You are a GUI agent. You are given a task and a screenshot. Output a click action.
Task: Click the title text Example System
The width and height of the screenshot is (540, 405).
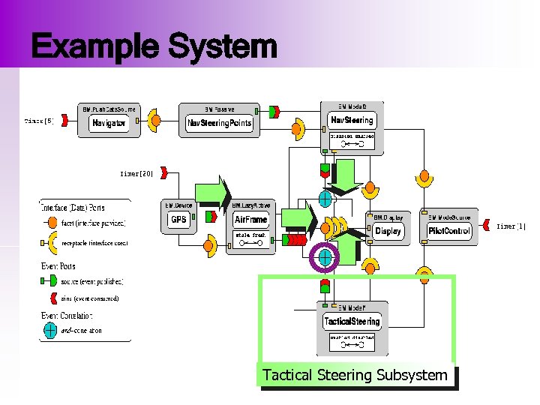(x=154, y=46)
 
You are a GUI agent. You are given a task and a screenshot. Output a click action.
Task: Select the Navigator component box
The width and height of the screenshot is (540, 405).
(x=109, y=123)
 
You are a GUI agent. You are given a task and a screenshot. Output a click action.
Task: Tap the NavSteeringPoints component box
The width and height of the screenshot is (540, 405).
(x=219, y=123)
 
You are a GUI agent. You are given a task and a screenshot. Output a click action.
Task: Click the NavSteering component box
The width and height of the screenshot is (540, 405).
(x=352, y=120)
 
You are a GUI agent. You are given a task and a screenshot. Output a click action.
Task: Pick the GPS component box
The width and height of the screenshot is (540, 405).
(x=178, y=219)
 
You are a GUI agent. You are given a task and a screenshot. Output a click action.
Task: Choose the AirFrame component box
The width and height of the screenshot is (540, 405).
(x=250, y=220)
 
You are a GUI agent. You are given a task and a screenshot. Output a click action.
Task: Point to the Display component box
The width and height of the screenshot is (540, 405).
(x=388, y=231)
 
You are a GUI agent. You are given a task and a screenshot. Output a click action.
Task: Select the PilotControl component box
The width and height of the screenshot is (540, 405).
(x=449, y=231)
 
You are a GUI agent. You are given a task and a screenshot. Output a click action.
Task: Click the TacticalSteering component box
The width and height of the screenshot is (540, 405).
(x=352, y=321)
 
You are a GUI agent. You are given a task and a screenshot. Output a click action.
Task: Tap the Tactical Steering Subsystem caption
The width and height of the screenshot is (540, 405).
(x=355, y=375)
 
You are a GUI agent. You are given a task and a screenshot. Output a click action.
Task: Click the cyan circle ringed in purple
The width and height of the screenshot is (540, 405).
(x=325, y=257)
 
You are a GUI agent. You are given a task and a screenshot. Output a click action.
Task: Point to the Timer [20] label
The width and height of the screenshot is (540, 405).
(x=136, y=173)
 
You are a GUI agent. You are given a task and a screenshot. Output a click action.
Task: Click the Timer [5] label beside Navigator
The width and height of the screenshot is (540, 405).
(x=39, y=120)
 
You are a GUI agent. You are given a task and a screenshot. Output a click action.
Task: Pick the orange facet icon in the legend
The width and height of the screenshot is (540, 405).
(x=50, y=223)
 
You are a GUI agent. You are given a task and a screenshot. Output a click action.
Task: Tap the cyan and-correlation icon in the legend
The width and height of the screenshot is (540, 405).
(x=50, y=329)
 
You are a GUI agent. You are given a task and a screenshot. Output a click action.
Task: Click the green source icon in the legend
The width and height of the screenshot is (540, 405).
(x=49, y=281)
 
